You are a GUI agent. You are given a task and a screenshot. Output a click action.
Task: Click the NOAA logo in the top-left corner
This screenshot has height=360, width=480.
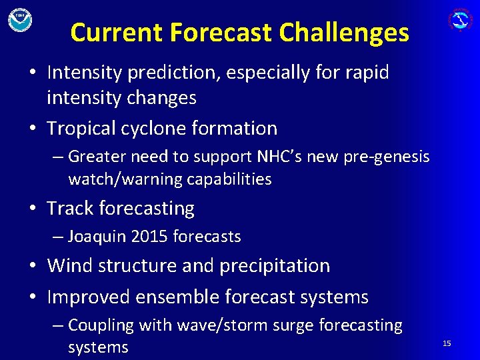pos(20,19)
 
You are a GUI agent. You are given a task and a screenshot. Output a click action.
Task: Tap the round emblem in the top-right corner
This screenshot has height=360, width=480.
pos(459,19)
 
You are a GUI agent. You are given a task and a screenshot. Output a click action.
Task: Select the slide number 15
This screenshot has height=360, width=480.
pos(447,343)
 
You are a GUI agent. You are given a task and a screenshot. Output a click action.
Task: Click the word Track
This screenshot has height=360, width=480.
pos(70,209)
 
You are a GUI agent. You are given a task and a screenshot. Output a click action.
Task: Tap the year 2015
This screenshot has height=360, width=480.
pos(153,237)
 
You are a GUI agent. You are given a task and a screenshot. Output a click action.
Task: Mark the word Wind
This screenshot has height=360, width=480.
pos(70,265)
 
